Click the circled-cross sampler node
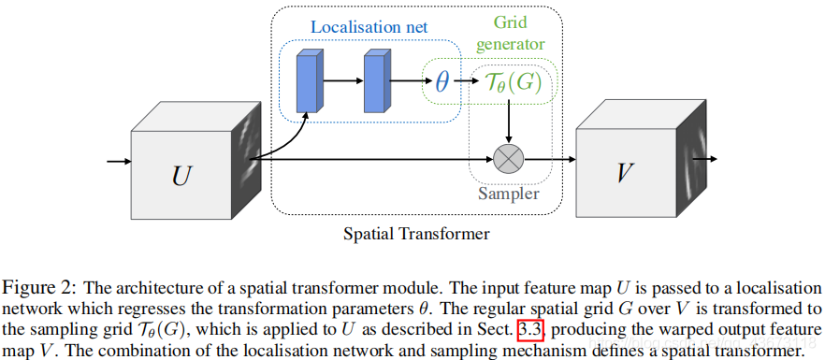pyautogui.click(x=509, y=159)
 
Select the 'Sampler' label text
pyautogui.click(x=509, y=194)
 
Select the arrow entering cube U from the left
pyautogui.click(x=119, y=162)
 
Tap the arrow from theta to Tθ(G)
pyautogui.click(x=466, y=82)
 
